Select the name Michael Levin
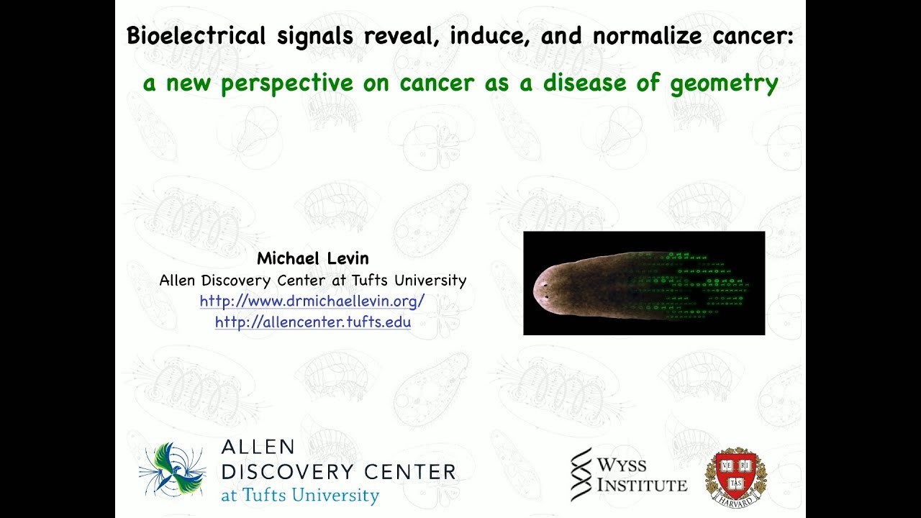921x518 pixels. point(312,259)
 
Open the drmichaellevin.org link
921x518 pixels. point(312,301)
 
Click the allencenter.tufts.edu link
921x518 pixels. point(312,322)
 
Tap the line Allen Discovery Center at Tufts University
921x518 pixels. point(312,280)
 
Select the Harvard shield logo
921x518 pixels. point(735,475)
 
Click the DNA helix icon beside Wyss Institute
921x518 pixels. point(581,474)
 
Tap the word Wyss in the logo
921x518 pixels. point(622,465)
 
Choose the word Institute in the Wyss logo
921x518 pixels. point(642,485)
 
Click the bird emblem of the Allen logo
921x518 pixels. point(171,470)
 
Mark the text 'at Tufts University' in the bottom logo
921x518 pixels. point(300,495)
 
